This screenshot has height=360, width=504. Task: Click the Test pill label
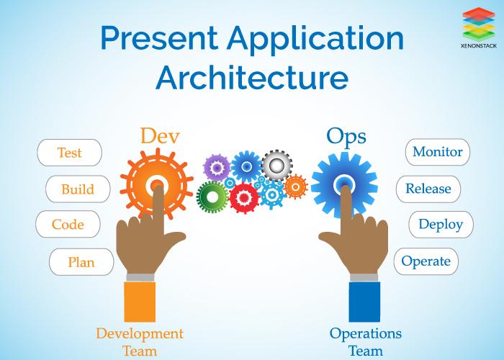coord(69,153)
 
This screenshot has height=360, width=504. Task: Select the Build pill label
coord(78,189)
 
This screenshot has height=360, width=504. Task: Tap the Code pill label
coord(68,225)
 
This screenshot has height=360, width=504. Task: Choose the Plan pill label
coord(81,262)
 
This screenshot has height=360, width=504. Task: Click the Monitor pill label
coord(438,152)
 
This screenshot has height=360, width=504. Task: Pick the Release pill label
coord(428,189)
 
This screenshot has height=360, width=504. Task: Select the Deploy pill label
coord(441,225)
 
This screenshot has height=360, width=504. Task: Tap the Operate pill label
coord(426,261)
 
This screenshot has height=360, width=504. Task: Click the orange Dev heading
coord(160,135)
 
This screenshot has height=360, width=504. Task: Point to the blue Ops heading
coord(346,138)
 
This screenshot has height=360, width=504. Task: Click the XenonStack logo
coord(479,27)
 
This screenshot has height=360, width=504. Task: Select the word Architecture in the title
coord(252,77)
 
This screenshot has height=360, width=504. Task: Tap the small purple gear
coord(217,168)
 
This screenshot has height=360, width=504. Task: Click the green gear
coord(212,197)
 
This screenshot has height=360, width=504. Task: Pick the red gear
coord(244,198)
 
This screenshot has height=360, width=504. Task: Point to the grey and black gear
coord(276,166)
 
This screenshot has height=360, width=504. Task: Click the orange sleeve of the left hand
coord(140,302)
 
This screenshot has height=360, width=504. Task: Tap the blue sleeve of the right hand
coord(364,302)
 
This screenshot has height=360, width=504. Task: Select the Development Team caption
coord(140,342)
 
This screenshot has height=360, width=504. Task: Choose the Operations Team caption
coord(366,342)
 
